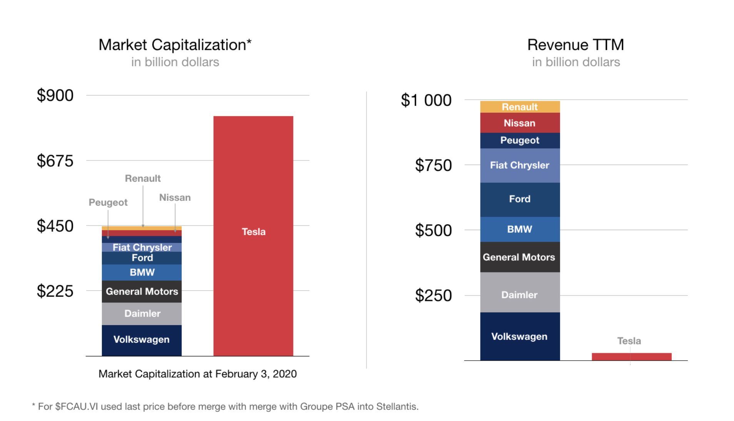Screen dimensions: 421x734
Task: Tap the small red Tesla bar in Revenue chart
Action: click(631, 356)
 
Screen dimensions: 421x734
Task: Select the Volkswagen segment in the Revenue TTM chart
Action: click(520, 336)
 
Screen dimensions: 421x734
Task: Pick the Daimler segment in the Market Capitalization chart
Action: click(142, 314)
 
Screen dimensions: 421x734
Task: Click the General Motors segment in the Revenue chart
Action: click(520, 257)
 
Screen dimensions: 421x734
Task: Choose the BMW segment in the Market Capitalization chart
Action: click(142, 272)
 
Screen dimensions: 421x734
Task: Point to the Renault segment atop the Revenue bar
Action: click(520, 107)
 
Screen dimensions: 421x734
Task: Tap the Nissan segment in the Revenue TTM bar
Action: click(520, 123)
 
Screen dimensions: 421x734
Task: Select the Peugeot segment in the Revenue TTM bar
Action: click(520, 140)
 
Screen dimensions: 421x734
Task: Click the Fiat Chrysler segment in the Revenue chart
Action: click(520, 165)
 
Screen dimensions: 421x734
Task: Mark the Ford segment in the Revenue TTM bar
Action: click(520, 199)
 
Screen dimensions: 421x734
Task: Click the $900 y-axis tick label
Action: click(55, 95)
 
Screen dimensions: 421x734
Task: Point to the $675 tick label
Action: click(55, 161)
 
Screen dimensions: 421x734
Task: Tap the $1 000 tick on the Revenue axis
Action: click(426, 100)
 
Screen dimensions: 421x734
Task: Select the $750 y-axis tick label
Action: click(433, 165)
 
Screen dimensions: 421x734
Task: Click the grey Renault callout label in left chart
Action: click(143, 179)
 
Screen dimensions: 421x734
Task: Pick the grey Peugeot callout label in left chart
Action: click(108, 202)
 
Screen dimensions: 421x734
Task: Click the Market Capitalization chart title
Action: click(175, 45)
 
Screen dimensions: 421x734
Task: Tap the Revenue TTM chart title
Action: click(576, 45)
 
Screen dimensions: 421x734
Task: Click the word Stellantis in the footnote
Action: click(397, 407)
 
